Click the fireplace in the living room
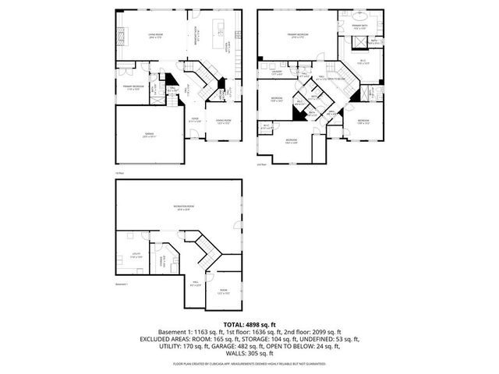(x=121, y=35)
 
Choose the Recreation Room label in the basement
(x=184, y=206)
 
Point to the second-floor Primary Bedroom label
(x=297, y=35)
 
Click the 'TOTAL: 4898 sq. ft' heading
(x=249, y=323)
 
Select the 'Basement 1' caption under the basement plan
(x=121, y=284)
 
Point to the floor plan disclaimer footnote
(x=249, y=363)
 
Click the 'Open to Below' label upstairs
(x=331, y=78)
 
